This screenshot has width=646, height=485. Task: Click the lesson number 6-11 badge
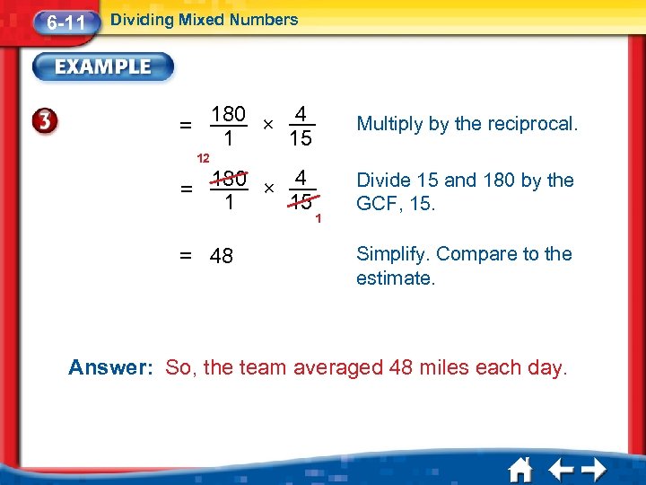[x=65, y=22]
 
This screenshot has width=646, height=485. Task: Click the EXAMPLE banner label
[x=104, y=66]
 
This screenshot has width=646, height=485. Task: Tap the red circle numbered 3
[x=47, y=124]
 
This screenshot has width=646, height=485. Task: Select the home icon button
[x=520, y=471]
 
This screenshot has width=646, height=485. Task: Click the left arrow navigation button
[x=562, y=471]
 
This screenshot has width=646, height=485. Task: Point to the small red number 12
[x=204, y=158]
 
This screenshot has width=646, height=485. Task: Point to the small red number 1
[x=319, y=217]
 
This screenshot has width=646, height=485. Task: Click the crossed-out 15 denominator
[x=301, y=203]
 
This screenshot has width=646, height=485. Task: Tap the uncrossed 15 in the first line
[x=301, y=139]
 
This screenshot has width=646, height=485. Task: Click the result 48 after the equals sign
[x=221, y=257]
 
